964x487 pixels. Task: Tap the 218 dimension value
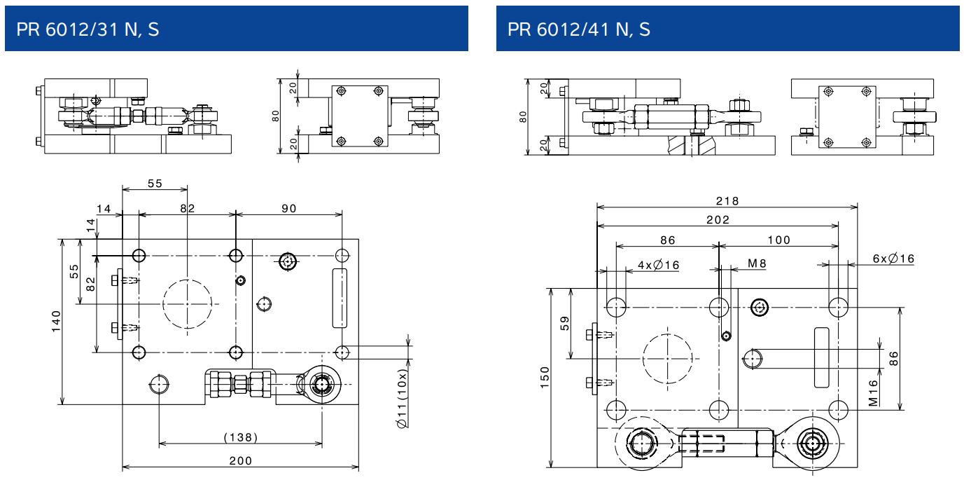coord(727,199)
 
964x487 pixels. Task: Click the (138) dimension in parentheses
coord(240,437)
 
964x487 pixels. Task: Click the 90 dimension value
coord(288,209)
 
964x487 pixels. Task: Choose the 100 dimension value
coord(778,240)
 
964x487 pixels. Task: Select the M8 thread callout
coord(757,263)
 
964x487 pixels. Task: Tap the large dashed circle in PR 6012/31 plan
coord(187,303)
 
